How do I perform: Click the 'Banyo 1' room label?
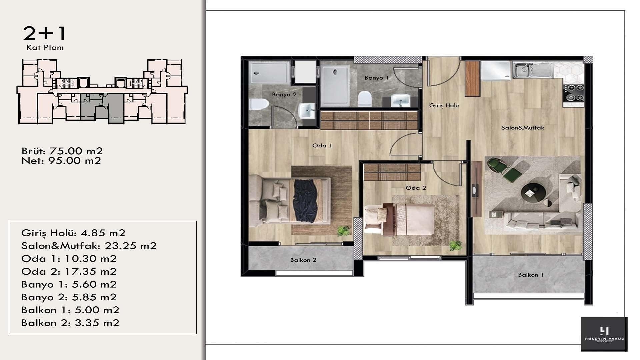376,78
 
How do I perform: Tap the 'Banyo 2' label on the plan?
284,94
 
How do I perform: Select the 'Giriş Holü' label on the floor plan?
444,105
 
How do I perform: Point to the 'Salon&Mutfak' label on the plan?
523,127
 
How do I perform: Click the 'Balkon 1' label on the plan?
531,275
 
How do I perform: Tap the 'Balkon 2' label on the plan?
303,260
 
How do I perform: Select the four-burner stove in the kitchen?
574,93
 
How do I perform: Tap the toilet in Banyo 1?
365,99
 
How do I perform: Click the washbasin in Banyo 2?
307,110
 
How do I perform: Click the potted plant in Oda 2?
455,246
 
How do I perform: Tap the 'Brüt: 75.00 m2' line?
62,151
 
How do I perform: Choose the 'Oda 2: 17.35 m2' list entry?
69,271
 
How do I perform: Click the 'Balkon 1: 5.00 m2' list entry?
70,310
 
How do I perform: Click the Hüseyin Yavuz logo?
604,334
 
